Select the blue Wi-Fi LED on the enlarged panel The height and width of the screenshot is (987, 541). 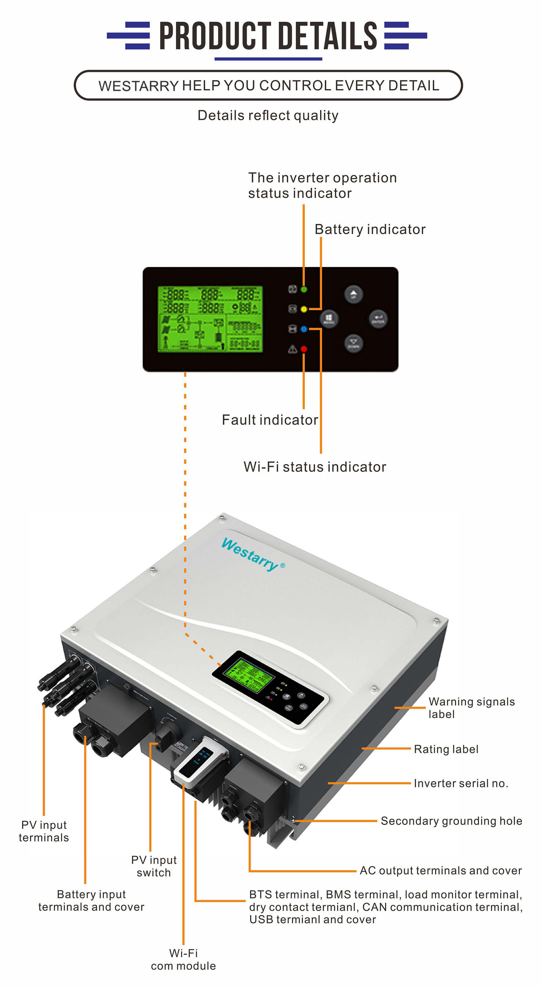pos(304,329)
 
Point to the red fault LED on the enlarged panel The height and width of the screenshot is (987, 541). pos(304,349)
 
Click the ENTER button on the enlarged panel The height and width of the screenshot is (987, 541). pos(378,319)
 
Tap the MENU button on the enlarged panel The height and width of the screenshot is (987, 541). pos(329,319)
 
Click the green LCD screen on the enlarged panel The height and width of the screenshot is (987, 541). pos(210,319)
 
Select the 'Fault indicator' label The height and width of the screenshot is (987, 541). pos(270,420)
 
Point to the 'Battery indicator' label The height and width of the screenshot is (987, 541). pos(370,229)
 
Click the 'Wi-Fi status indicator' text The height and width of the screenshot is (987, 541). pos(314,467)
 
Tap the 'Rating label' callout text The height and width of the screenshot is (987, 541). pos(446,749)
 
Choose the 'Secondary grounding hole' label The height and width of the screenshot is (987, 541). pos(451,821)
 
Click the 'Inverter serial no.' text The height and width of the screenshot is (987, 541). pos(460,783)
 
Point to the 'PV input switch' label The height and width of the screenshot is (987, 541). pos(154,866)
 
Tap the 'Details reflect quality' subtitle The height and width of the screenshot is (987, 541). pos(268,115)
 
